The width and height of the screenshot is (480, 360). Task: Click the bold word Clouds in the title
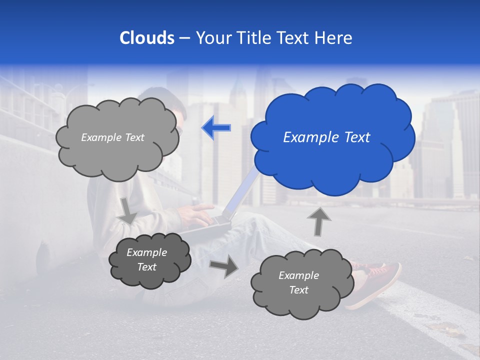(146, 38)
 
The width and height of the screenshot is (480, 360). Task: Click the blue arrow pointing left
(216, 128)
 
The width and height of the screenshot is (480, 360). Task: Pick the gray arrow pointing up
(318, 221)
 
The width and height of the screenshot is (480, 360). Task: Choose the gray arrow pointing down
(128, 210)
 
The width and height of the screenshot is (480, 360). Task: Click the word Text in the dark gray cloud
(147, 267)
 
